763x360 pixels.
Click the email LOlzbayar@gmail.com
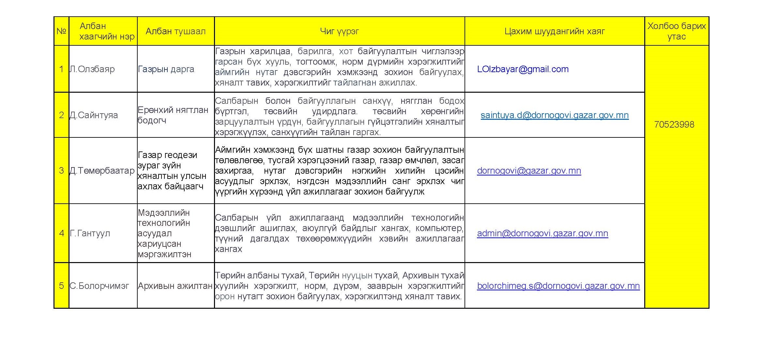[x=523, y=69]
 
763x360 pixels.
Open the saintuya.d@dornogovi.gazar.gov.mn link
[x=555, y=115]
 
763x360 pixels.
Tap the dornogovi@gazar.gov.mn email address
[x=529, y=171]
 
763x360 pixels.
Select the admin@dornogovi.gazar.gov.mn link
[x=542, y=233]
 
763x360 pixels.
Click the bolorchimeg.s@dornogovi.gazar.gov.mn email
[x=558, y=286]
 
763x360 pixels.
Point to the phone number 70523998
[x=674, y=124]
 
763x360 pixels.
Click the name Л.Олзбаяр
[x=92, y=69]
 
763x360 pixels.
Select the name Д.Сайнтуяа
[x=94, y=115]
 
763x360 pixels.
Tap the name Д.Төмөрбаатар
[x=102, y=171]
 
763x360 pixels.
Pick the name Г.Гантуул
[x=90, y=233]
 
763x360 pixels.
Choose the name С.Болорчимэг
[x=99, y=286]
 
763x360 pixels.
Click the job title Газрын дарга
[x=166, y=69]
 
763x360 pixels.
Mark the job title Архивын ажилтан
[x=175, y=286]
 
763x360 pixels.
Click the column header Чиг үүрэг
[x=339, y=31]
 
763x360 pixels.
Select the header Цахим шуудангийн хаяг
[x=555, y=31]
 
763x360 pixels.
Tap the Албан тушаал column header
[x=175, y=31]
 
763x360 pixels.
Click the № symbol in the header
[x=61, y=31]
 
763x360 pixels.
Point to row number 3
[x=61, y=171]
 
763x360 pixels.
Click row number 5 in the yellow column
[x=61, y=286]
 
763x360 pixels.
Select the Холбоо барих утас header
[x=677, y=31]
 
